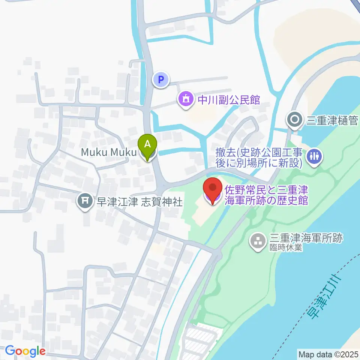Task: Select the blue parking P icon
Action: [x=161, y=79]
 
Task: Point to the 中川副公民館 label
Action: [x=229, y=100]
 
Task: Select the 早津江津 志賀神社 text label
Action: [x=140, y=202]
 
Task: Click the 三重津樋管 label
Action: [x=333, y=120]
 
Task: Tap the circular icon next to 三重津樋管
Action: [x=294, y=120]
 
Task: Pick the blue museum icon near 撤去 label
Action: [x=314, y=156]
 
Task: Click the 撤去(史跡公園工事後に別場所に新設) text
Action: [x=259, y=157]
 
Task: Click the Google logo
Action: [x=25, y=351]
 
